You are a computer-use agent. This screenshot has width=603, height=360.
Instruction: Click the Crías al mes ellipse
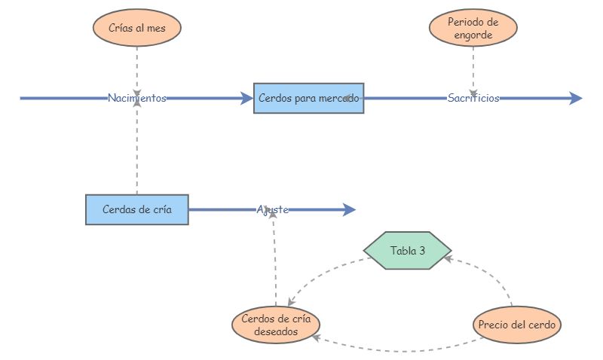tap(136, 28)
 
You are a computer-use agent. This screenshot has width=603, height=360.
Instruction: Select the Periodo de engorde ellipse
tap(473, 28)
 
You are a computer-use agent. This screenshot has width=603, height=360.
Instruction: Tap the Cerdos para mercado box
tap(308, 98)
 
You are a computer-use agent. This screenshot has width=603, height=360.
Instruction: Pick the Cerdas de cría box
tap(136, 209)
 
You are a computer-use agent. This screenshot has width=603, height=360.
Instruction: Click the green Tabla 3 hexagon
tap(407, 250)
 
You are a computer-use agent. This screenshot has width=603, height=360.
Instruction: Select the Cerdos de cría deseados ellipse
tap(275, 325)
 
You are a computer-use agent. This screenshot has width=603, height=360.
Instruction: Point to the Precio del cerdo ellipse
tap(518, 325)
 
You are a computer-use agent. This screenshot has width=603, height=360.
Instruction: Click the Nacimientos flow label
tap(136, 98)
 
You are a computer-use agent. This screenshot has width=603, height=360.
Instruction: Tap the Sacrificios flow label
tap(473, 98)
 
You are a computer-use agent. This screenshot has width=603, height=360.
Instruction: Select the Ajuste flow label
tap(273, 209)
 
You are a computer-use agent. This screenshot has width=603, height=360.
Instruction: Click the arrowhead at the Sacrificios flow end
tap(575, 98)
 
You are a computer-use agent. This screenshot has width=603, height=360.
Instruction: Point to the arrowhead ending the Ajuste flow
tap(348, 209)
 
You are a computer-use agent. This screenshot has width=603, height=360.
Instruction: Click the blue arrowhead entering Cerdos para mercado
tap(246, 98)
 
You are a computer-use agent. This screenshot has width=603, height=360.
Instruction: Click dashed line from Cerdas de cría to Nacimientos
tap(136, 151)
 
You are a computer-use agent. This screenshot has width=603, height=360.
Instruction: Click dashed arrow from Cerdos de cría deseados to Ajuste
tap(274, 256)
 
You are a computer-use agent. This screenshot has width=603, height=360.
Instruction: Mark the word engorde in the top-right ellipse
tap(473, 35)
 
